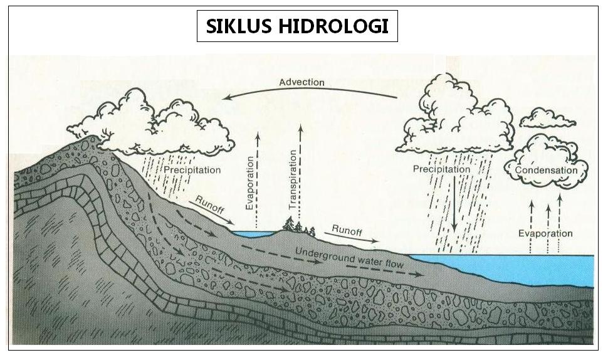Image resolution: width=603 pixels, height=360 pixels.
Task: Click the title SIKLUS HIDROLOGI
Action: point(297,27)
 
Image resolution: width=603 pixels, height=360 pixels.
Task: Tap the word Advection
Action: point(301,82)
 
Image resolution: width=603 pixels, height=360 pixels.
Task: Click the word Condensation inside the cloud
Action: point(546,170)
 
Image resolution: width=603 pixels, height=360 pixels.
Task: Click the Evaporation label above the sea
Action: point(545,234)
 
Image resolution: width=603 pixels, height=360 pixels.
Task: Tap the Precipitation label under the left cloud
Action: point(192,170)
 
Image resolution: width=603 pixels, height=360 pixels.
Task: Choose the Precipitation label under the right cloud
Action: point(441,169)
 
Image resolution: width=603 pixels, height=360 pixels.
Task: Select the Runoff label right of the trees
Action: point(347,230)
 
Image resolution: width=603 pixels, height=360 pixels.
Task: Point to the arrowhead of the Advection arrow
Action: point(230,97)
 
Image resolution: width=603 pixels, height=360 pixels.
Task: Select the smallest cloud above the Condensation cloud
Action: point(547,118)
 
